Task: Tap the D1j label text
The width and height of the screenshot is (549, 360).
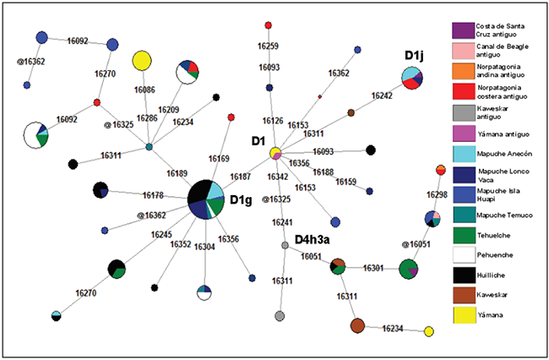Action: (x=414, y=56)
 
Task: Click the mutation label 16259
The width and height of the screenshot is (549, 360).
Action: (x=269, y=45)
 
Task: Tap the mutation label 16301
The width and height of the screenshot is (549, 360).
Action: (x=374, y=268)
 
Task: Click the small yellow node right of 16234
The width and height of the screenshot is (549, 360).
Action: (x=428, y=331)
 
